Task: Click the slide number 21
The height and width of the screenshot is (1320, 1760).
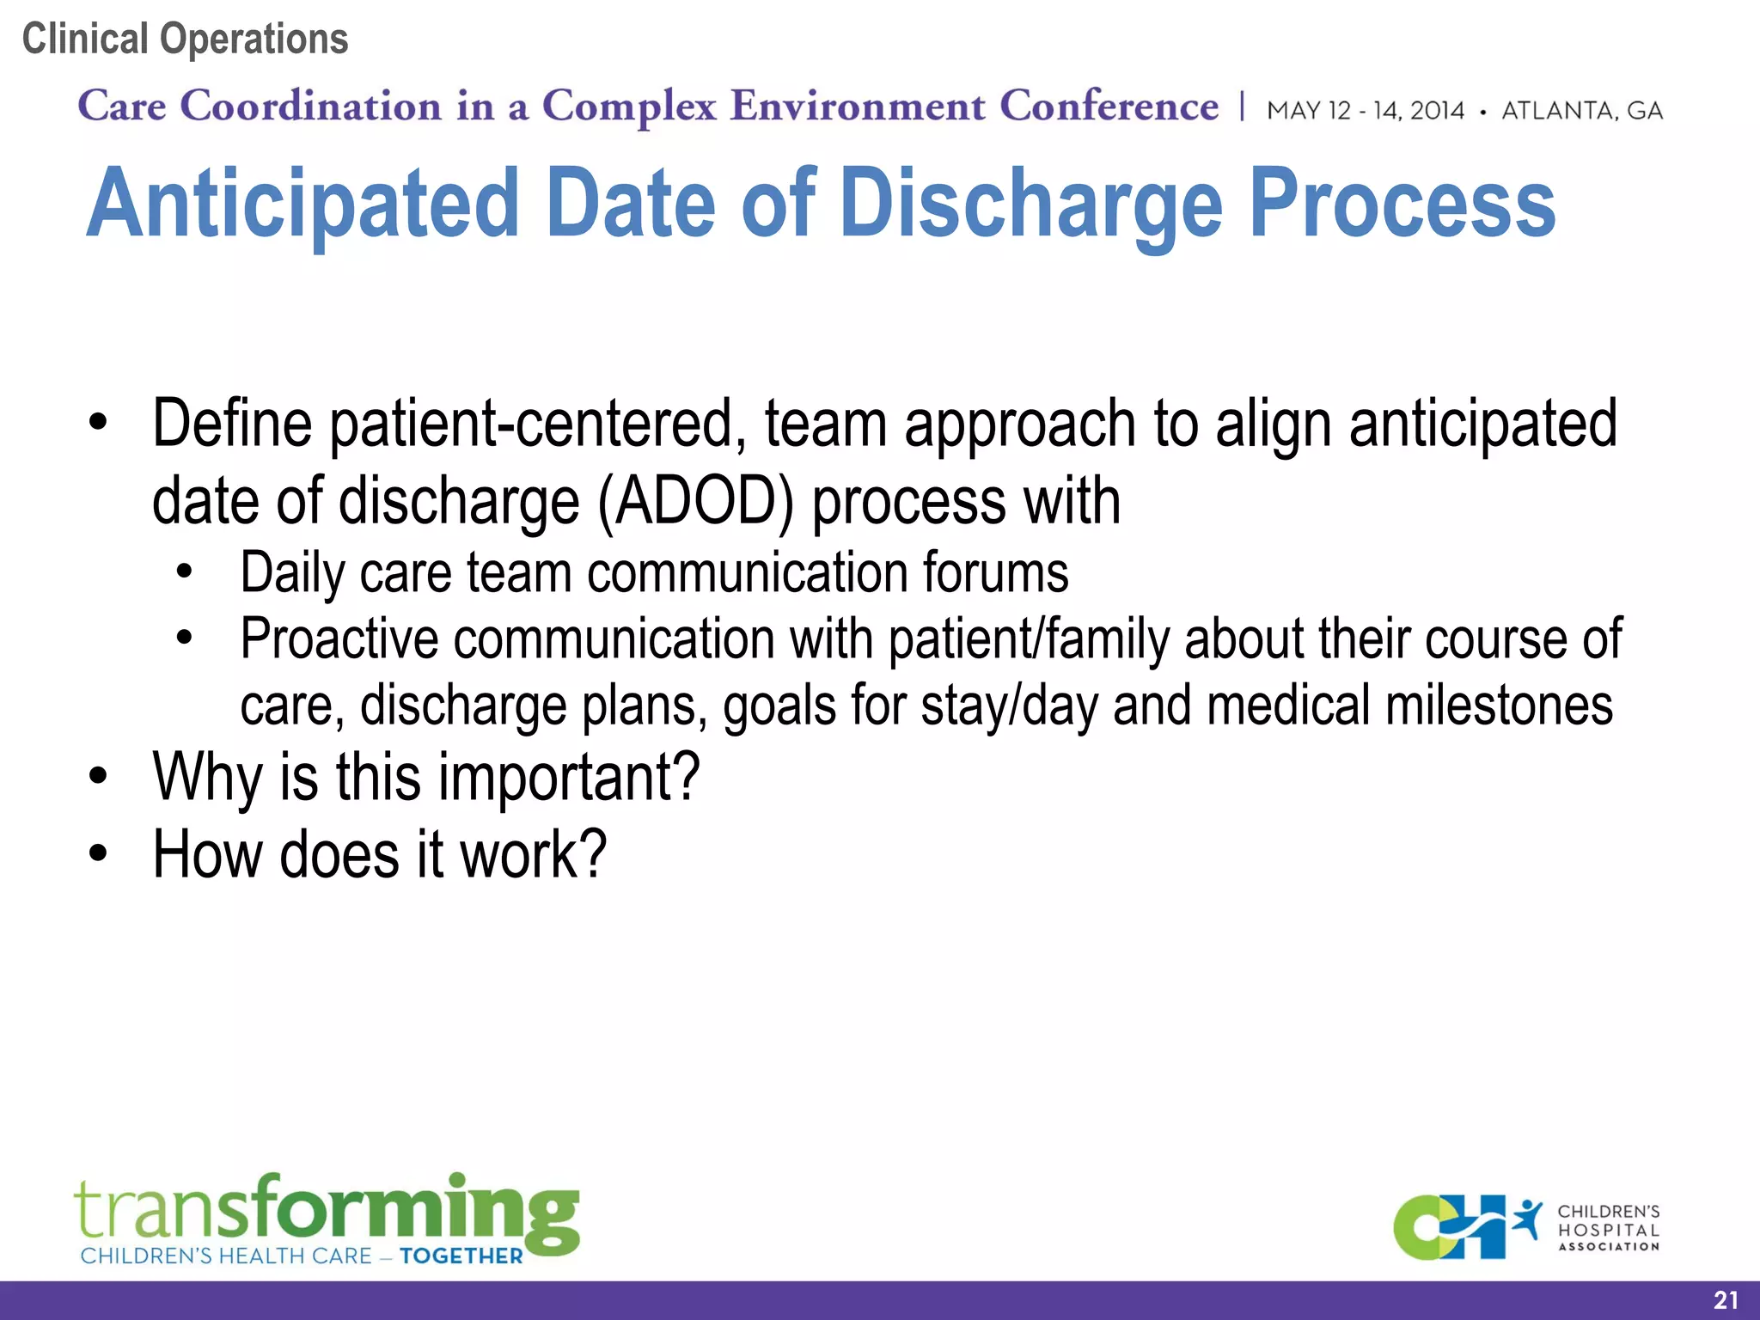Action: [1726, 1300]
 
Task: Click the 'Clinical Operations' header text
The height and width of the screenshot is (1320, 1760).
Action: [185, 40]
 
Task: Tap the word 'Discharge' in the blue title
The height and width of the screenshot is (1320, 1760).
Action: [1030, 204]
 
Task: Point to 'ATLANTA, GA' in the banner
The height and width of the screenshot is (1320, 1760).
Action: [1582, 111]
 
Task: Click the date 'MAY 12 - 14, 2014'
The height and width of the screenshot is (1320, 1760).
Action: [1366, 111]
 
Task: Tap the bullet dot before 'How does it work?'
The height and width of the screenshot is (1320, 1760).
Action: [99, 853]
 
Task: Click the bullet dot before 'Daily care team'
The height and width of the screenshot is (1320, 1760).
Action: [184, 572]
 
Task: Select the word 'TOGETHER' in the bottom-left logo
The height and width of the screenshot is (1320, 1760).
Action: [461, 1256]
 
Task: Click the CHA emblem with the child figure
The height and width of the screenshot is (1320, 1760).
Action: [1465, 1227]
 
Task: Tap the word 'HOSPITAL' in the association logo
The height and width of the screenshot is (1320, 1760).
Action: [1609, 1230]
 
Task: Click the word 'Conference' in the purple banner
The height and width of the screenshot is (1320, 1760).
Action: [1109, 107]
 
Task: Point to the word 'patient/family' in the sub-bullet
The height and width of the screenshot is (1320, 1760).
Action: [1028, 639]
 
